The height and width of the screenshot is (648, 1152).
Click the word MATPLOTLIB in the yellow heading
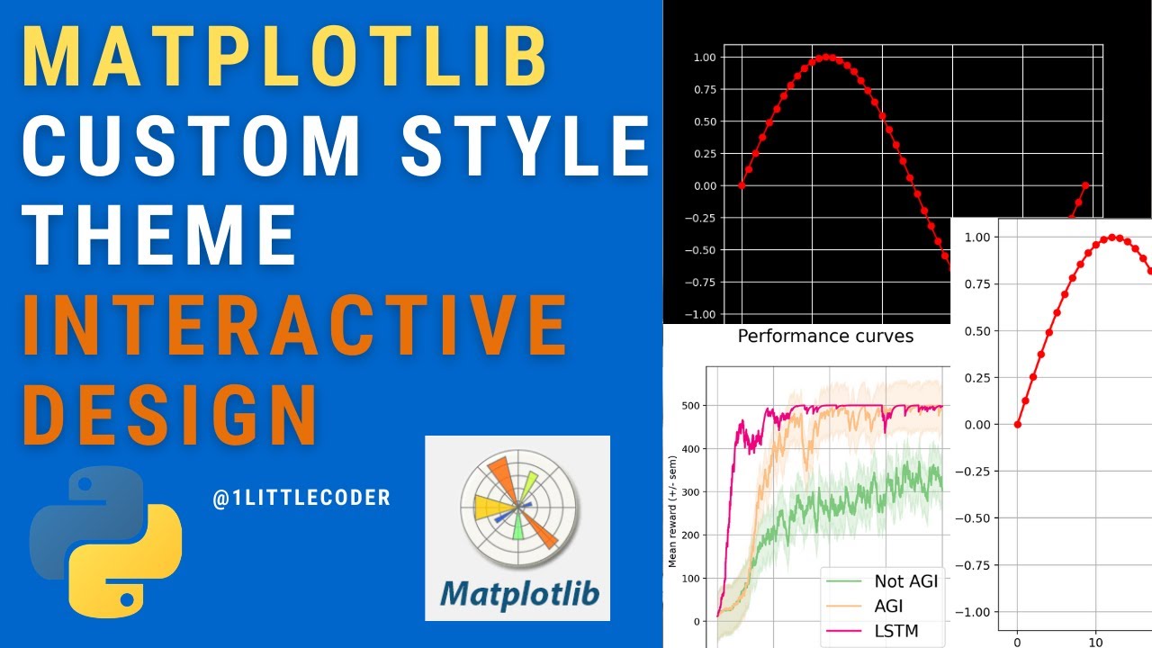[x=284, y=56]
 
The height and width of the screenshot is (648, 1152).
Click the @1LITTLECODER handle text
[x=301, y=498]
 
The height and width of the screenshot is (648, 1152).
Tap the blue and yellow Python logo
[x=106, y=542]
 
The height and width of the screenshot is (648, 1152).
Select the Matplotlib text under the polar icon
[x=517, y=594]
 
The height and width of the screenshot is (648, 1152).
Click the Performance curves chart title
[x=825, y=337]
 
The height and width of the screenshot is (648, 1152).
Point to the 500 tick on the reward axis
[x=689, y=406]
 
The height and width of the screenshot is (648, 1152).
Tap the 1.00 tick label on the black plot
[x=704, y=57]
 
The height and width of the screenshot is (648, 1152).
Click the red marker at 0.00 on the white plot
[x=1018, y=424]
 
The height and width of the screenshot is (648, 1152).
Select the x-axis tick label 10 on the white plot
[x=1095, y=642]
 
